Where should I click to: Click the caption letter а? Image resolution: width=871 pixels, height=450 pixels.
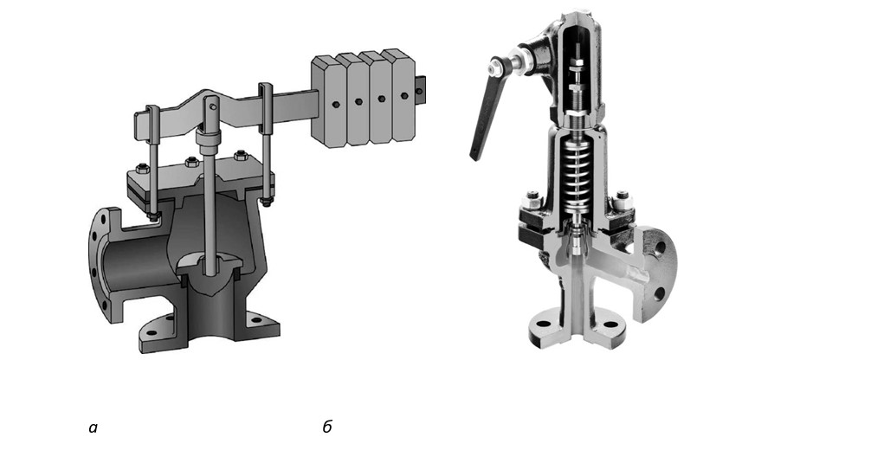pos(93,427)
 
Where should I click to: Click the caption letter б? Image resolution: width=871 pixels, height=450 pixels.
pos(327,427)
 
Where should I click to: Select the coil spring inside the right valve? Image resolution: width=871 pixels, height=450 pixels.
pos(576,173)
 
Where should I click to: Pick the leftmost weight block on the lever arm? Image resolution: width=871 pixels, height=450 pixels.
pos(328,101)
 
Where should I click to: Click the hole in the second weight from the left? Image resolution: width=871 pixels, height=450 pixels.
pos(358,101)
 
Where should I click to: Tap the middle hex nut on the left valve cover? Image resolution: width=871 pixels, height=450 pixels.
pos(192,162)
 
